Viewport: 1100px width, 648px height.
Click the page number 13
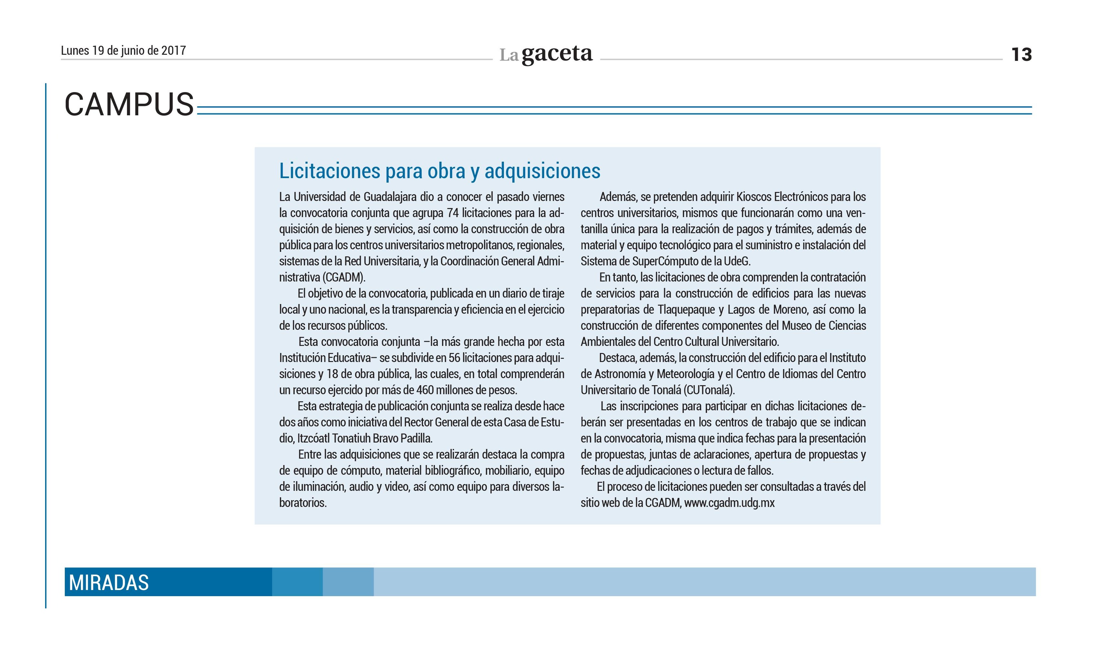1021,54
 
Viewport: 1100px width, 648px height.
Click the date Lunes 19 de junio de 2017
123,51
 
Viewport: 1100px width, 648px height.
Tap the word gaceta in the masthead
557,54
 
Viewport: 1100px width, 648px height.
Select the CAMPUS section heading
129,105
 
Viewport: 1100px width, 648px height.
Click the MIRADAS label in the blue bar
109,583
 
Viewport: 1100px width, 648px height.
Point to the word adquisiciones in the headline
542,171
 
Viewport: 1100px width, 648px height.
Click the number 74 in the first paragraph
452,213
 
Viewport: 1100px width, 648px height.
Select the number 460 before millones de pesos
425,390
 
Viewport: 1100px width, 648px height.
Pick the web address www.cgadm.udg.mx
729,503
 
